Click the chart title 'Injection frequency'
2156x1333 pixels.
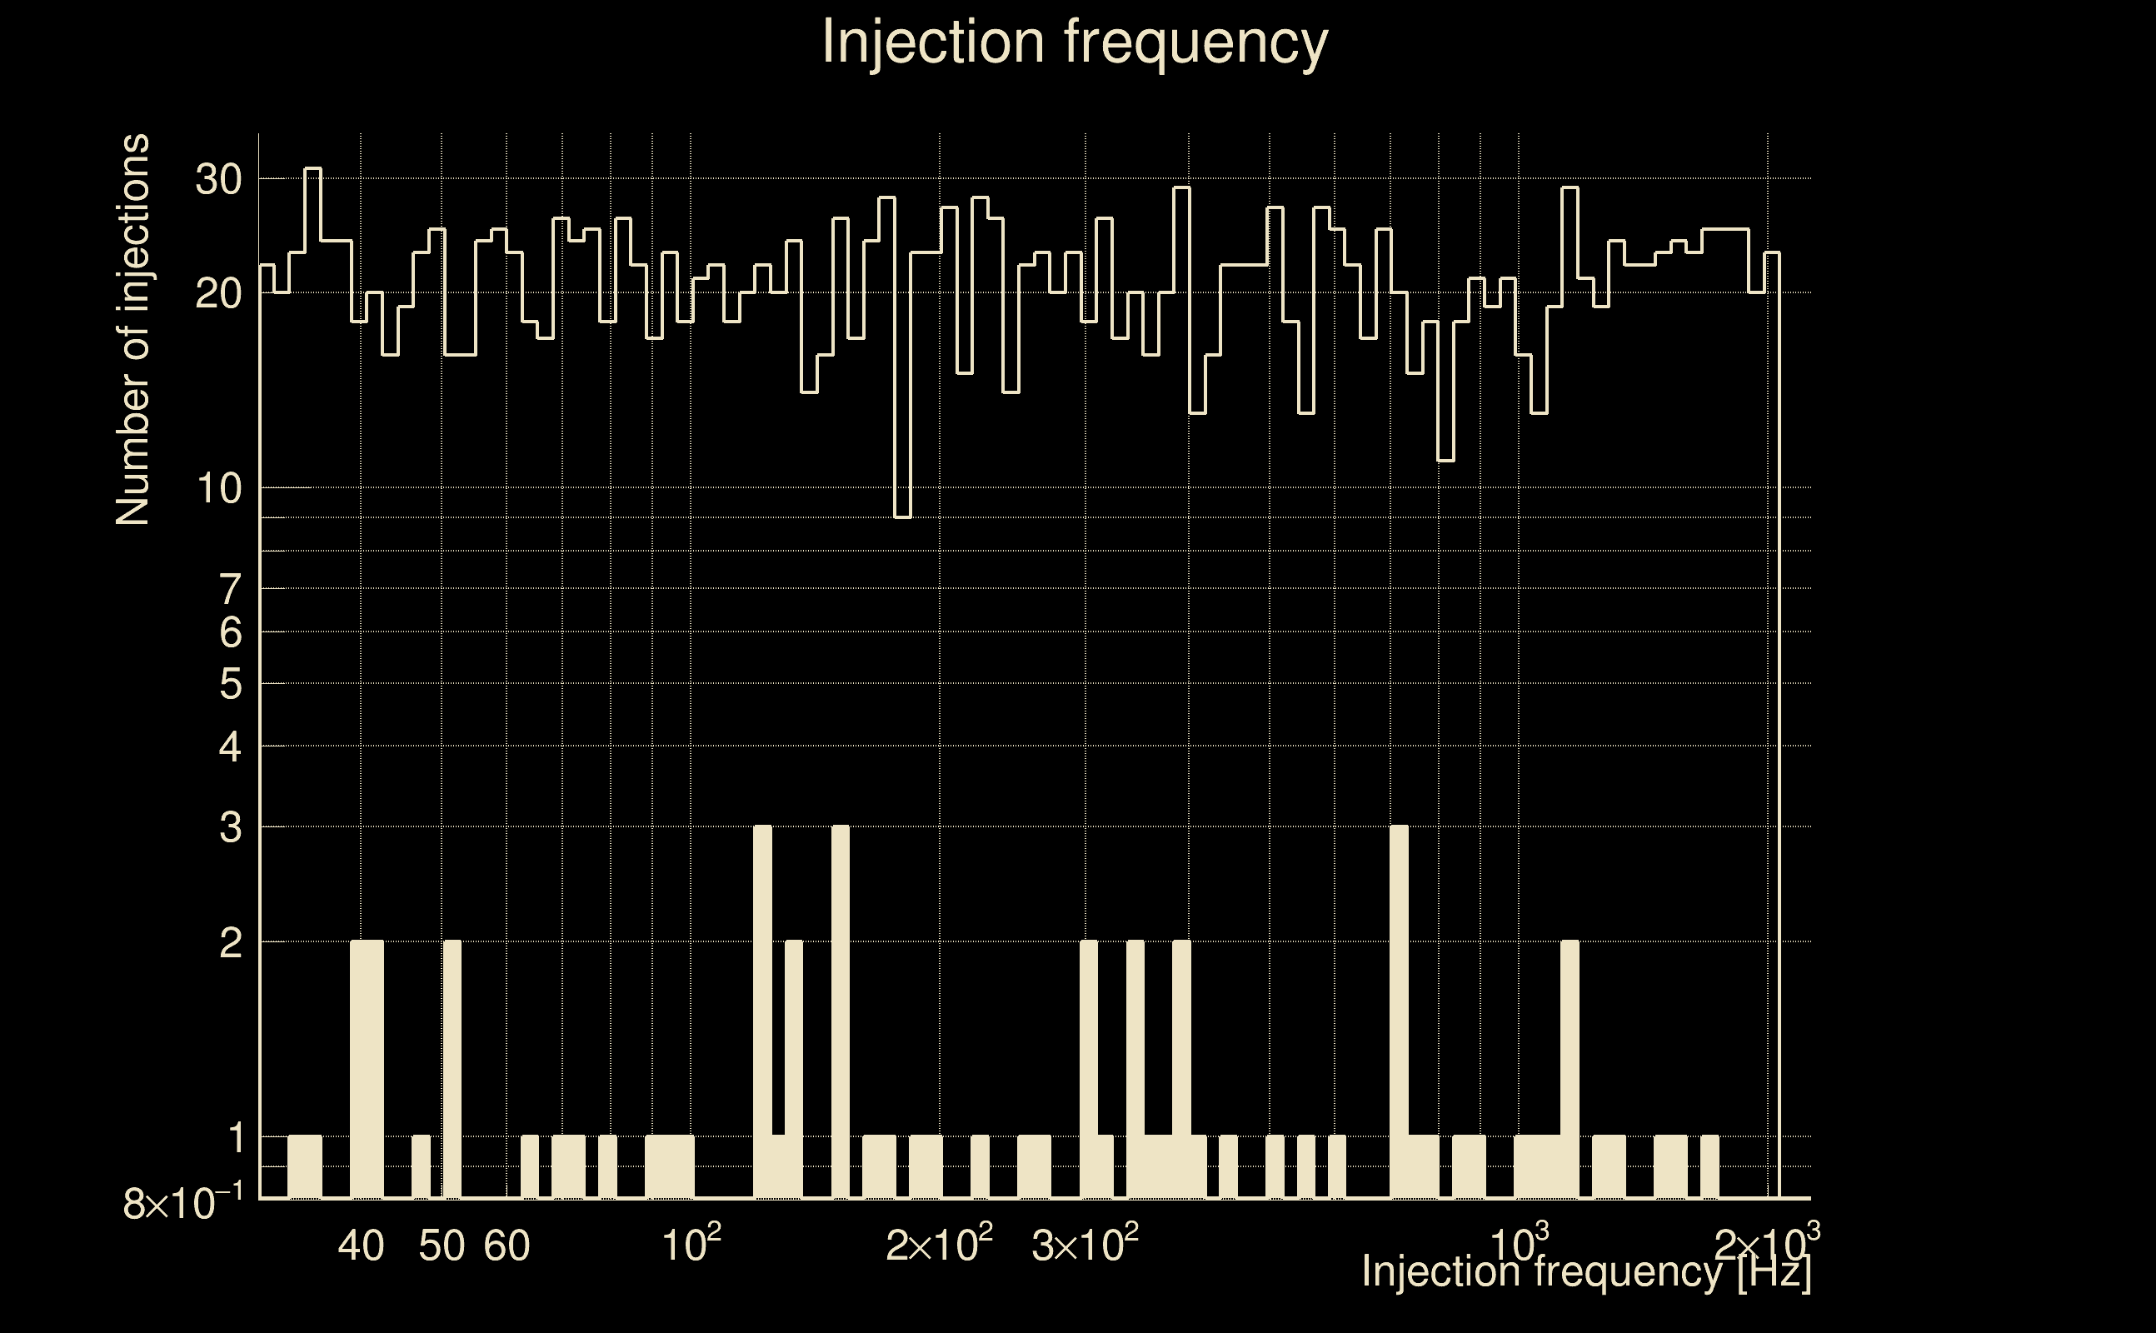1075,42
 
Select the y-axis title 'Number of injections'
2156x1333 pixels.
133,330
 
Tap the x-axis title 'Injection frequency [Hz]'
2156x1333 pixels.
1585,1271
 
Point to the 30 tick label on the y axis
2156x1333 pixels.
217,180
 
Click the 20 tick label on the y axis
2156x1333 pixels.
217,293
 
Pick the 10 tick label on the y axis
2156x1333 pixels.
217,488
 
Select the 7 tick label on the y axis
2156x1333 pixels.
230,589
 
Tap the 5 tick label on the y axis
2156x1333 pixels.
230,684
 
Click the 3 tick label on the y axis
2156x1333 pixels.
230,828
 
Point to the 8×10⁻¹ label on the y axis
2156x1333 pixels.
170,1203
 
